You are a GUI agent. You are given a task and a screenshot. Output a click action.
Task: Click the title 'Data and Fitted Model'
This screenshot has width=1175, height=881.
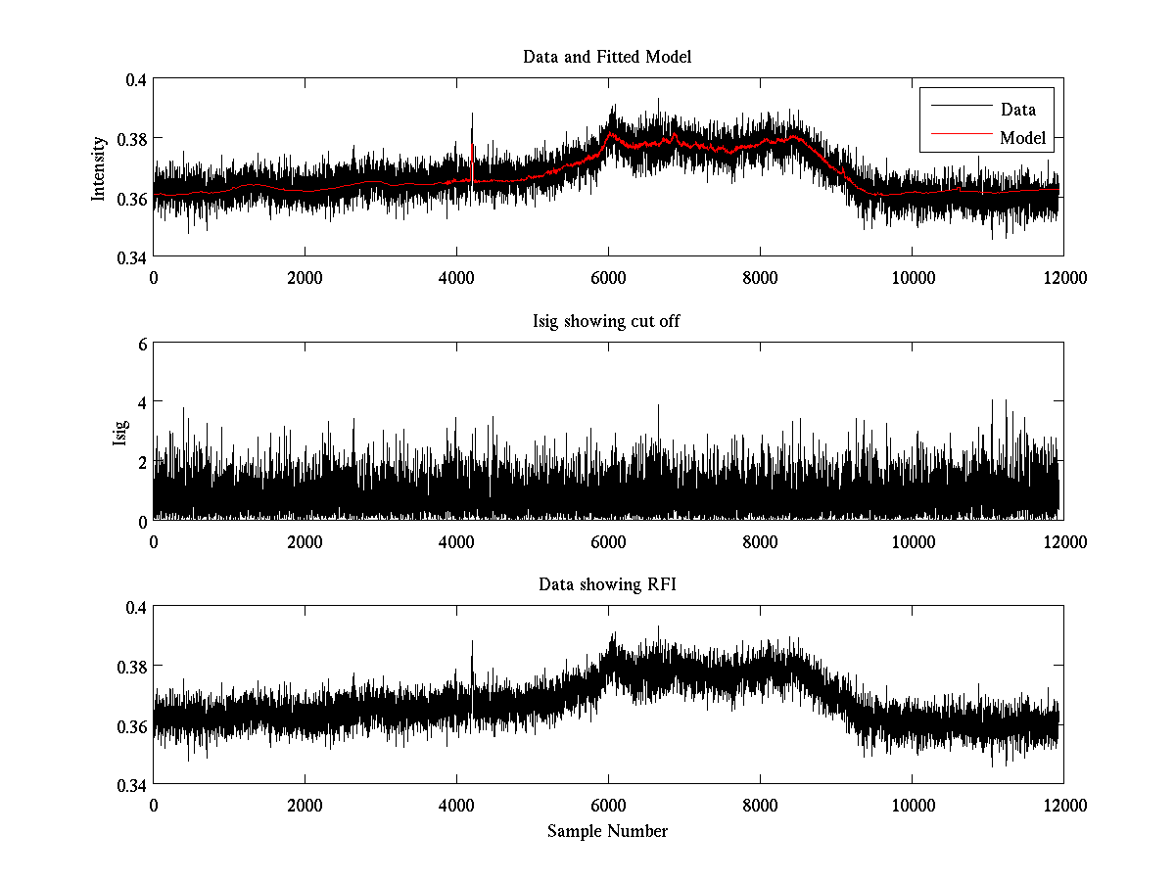point(607,57)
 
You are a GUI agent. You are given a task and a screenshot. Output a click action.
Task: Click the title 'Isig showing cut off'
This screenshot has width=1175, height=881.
point(607,321)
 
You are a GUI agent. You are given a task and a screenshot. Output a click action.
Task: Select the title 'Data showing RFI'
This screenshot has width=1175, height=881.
point(607,584)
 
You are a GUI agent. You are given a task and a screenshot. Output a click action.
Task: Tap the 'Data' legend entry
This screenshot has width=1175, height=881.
point(1017,109)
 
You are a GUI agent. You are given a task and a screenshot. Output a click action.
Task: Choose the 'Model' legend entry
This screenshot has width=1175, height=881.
point(1022,138)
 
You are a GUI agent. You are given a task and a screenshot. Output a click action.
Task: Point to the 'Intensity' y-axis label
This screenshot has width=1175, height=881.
point(98,168)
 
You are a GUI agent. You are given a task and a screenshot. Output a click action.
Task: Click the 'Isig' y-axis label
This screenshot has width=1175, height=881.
point(120,433)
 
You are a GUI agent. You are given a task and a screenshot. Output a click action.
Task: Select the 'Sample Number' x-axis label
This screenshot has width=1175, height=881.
point(607,831)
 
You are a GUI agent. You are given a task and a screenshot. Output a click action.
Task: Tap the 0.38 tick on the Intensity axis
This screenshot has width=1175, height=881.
point(128,139)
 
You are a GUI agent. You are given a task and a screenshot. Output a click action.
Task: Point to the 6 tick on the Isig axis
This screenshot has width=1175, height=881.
point(141,344)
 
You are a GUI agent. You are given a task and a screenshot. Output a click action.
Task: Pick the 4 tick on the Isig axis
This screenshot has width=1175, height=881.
point(141,402)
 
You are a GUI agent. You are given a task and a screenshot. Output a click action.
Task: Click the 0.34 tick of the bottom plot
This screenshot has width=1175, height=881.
point(128,785)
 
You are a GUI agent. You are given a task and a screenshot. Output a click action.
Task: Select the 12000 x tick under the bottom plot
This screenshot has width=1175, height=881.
point(1063,805)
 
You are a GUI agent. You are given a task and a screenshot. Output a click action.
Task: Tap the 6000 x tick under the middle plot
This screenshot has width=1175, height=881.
point(608,541)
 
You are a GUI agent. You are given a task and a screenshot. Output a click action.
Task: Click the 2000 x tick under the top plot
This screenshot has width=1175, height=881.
point(305,277)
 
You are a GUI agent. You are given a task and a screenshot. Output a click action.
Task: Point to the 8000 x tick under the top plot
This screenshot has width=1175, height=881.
point(760,277)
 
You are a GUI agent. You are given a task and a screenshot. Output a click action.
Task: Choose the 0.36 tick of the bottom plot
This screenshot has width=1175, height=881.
point(128,726)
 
